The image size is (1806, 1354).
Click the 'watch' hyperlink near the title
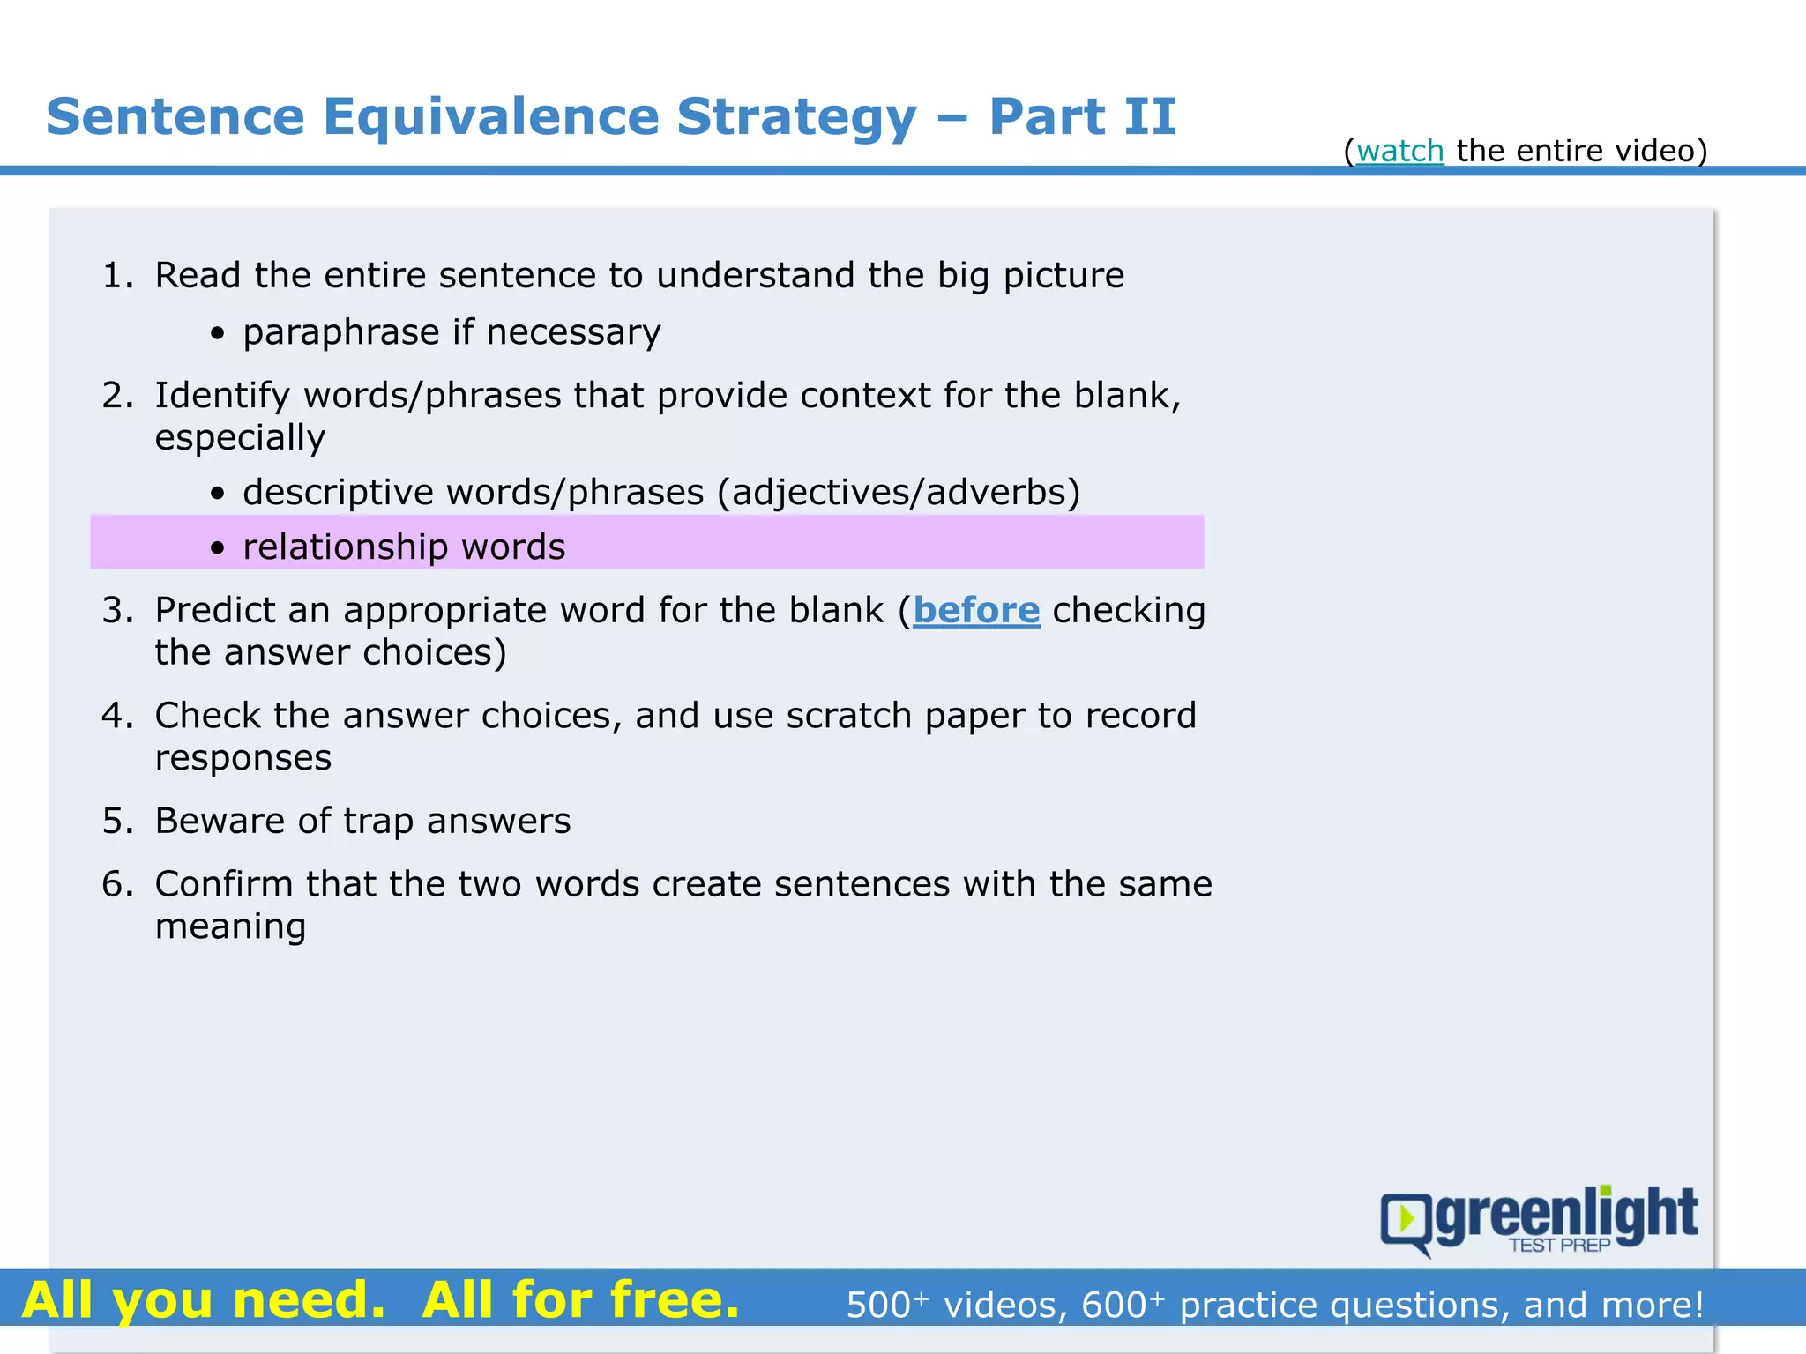(x=1399, y=152)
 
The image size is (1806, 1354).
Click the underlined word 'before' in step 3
(x=976, y=611)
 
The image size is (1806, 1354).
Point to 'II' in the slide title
(x=1146, y=117)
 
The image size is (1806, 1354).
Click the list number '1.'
(x=117, y=276)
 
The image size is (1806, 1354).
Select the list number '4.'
(x=117, y=716)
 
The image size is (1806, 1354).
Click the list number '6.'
(x=117, y=884)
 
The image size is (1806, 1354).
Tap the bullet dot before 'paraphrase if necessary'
(x=218, y=334)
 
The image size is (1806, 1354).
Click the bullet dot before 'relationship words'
(x=218, y=548)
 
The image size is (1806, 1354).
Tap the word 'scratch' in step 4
(x=848, y=716)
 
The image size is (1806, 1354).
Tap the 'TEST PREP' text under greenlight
(x=1559, y=1245)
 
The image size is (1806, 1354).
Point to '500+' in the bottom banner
(x=886, y=1305)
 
